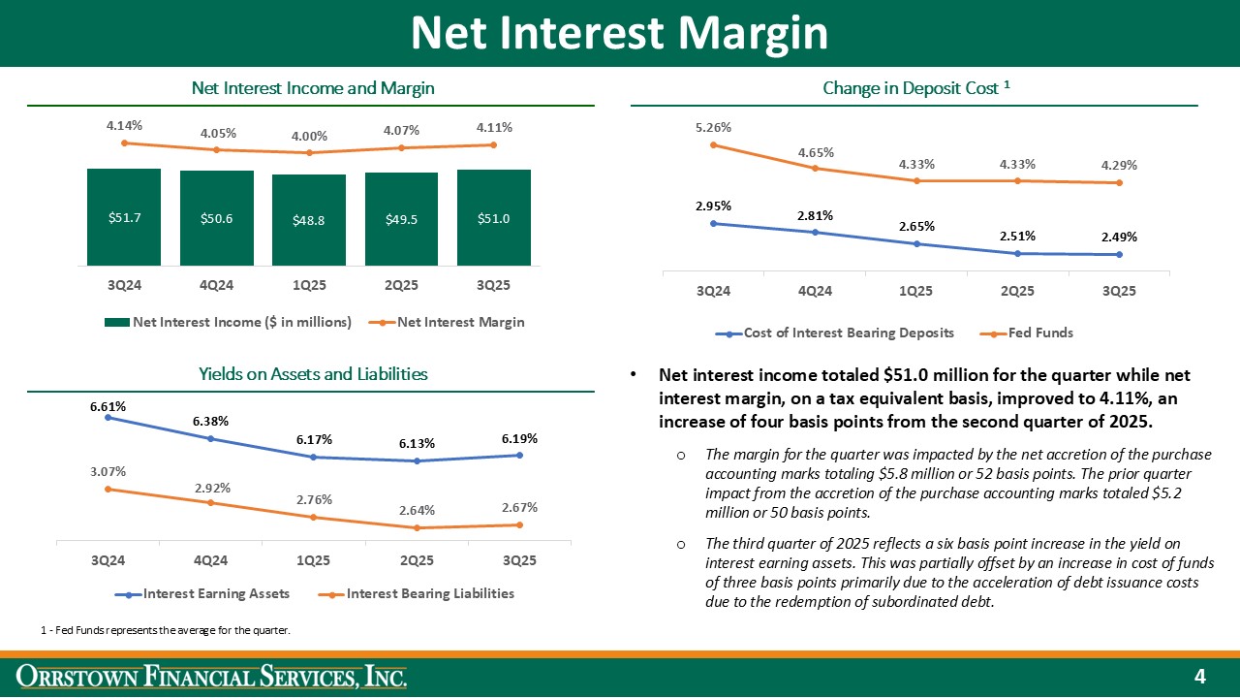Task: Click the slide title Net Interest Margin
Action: point(619,33)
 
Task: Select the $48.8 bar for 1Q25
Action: point(309,220)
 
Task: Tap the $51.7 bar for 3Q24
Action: point(124,217)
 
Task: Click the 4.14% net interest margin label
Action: point(124,125)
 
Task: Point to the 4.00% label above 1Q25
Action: point(309,137)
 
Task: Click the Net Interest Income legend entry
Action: point(229,322)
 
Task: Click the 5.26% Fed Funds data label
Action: point(713,127)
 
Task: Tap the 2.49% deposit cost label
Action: point(1119,237)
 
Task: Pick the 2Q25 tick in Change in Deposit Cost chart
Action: point(1017,291)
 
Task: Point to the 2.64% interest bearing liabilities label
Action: point(416,510)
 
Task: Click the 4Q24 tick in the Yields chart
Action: point(210,561)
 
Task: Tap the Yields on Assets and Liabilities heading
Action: point(313,374)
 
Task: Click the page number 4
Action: point(1199,676)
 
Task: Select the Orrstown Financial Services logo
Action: point(215,676)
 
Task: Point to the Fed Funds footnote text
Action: point(166,631)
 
